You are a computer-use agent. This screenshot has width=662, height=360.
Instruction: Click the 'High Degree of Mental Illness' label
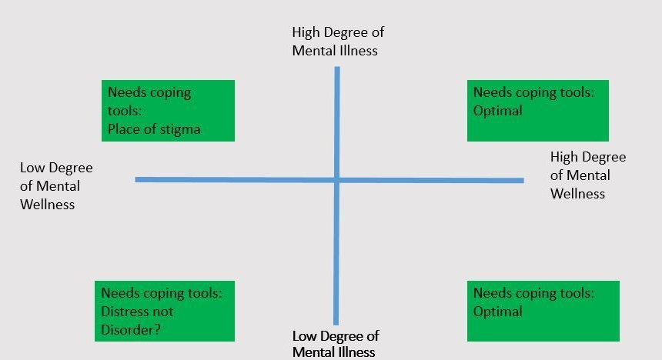click(338, 42)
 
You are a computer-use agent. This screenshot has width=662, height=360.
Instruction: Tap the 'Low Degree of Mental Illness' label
click(336, 344)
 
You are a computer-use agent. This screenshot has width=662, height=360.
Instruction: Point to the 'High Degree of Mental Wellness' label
click(588, 175)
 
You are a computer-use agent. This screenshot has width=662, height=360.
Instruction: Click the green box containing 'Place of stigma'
click(168, 110)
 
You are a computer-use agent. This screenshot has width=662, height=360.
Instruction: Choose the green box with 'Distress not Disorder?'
click(168, 311)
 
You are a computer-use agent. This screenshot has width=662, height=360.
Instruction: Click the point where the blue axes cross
click(337, 180)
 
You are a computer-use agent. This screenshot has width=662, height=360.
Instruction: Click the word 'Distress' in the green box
click(125, 312)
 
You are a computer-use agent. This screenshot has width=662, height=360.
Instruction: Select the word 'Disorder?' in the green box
click(135, 330)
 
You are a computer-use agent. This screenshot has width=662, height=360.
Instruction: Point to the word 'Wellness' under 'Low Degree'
click(48, 205)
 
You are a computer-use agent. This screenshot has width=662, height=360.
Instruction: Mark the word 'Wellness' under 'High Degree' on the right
click(577, 194)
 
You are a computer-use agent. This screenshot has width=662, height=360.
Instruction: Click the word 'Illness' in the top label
click(356, 51)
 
